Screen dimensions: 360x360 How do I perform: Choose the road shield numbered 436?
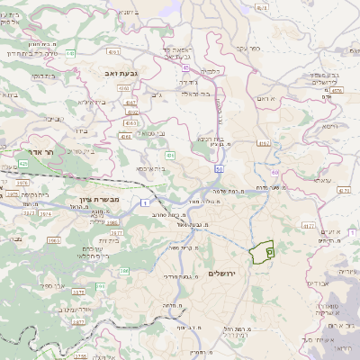point(170,156)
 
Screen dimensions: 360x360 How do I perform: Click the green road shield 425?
point(22,164)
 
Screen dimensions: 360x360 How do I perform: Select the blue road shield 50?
point(219,169)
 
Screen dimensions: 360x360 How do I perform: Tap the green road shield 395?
point(100,286)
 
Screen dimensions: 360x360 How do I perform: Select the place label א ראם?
point(263,98)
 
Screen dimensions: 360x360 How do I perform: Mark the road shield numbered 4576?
point(336,90)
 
